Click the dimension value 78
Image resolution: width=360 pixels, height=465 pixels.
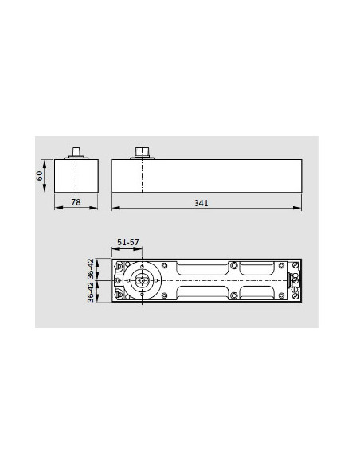click(76, 204)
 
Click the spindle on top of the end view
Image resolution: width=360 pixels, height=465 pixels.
click(76, 152)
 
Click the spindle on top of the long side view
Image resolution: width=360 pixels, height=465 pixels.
click(143, 152)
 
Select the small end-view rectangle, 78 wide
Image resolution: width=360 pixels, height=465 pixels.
click(76, 175)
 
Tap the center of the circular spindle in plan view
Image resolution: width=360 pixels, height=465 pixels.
click(143, 281)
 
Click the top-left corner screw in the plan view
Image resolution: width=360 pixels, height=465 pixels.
click(120, 266)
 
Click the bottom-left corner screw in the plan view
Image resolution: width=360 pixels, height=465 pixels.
click(120, 297)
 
